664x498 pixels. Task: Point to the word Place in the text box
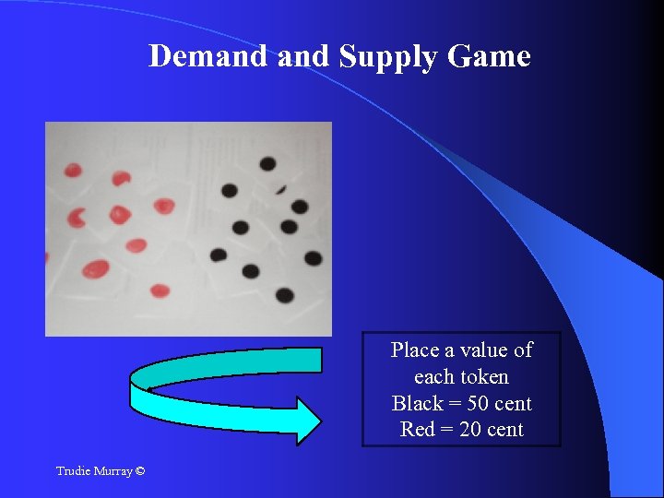coord(414,350)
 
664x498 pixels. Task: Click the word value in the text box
coord(482,350)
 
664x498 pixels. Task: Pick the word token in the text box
coord(487,377)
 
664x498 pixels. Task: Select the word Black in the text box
coord(417,404)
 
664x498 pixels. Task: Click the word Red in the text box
coord(417,430)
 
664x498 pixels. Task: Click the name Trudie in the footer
coord(73,471)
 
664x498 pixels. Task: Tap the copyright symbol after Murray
coord(139,471)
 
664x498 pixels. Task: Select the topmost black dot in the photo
coord(267,163)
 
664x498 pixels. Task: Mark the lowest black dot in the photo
coord(285,296)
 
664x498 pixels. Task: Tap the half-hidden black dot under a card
coord(280,187)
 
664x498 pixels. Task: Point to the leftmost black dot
coord(219,255)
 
